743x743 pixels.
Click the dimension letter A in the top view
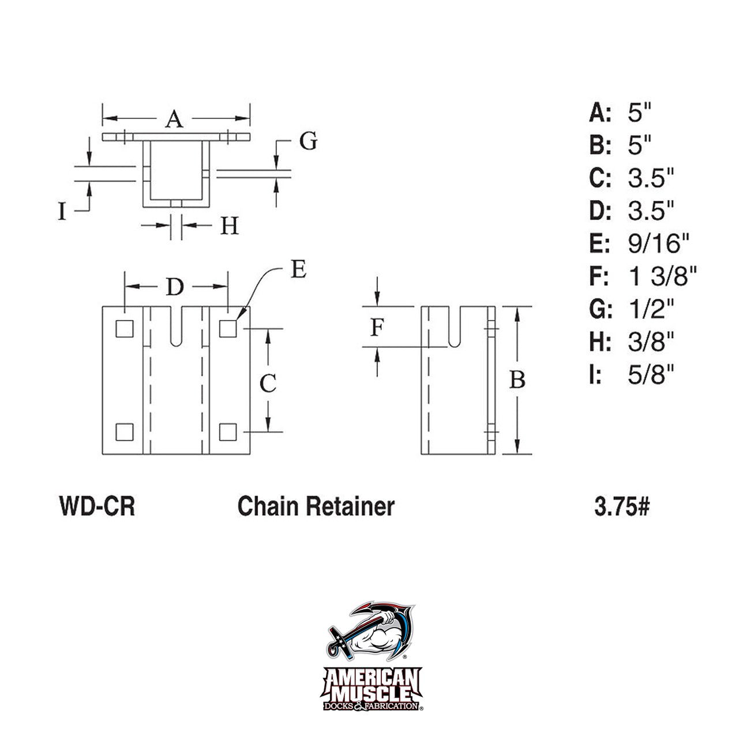point(174,119)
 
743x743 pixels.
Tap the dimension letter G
point(309,141)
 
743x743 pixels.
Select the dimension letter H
point(230,226)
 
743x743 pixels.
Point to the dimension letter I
point(62,212)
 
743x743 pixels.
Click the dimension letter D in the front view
point(175,287)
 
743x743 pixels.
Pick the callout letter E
point(298,269)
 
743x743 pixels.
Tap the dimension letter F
point(377,328)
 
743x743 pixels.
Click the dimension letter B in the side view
point(518,380)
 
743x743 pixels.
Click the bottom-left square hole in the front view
point(124,431)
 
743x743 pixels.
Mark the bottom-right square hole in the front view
point(228,431)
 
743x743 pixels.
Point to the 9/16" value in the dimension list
point(658,244)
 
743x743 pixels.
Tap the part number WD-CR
point(97,506)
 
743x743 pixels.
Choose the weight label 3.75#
point(622,506)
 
